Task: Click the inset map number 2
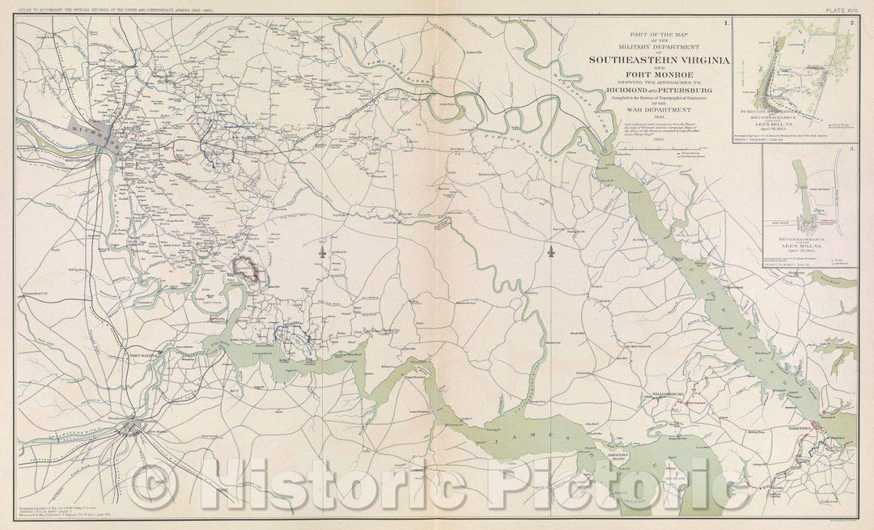[x=852, y=22]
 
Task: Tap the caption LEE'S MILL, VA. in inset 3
[x=811, y=247]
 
